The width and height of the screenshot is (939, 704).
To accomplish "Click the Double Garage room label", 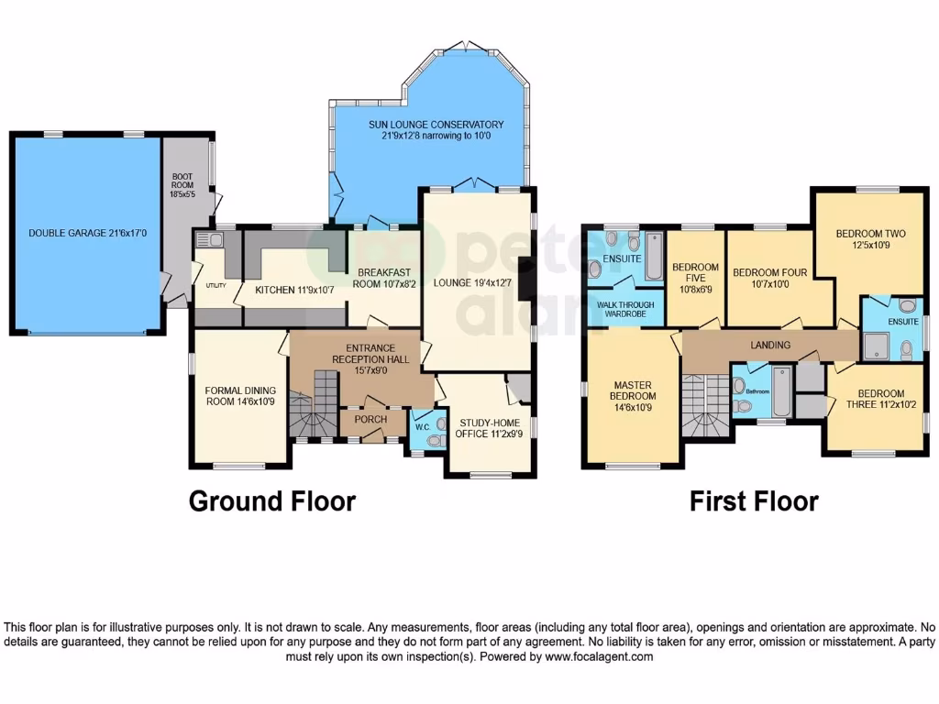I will click(x=87, y=233).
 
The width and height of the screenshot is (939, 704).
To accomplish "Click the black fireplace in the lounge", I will click(x=525, y=279).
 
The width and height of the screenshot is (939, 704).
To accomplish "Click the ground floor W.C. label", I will click(x=424, y=425).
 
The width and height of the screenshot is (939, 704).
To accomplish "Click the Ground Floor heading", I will click(x=271, y=501).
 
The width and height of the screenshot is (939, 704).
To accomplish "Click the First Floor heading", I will click(x=754, y=501).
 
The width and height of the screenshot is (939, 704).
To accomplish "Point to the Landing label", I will click(x=771, y=345).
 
